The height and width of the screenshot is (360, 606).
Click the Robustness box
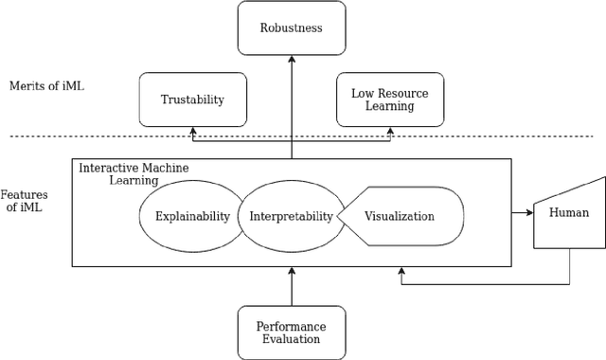[291, 27]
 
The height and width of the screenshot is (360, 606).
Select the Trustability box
[192, 99]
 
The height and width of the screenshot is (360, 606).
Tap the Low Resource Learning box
[391, 99]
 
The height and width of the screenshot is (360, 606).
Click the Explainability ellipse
[192, 216]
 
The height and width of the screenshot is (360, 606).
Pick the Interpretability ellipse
[291, 216]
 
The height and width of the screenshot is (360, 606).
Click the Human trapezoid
[569, 213]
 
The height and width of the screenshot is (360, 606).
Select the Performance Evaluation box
[291, 332]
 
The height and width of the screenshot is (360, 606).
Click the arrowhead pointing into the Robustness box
[292, 58]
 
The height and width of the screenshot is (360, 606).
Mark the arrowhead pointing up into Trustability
[192, 132]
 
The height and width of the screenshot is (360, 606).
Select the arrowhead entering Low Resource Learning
[391, 132]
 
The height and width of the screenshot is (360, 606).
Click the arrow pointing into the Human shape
[526, 213]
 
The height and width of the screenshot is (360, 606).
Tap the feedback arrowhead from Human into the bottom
[401, 273]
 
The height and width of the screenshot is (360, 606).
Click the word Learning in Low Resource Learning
[391, 107]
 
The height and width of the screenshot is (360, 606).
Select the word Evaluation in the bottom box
[291, 339]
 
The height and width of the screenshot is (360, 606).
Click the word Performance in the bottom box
[291, 325]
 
